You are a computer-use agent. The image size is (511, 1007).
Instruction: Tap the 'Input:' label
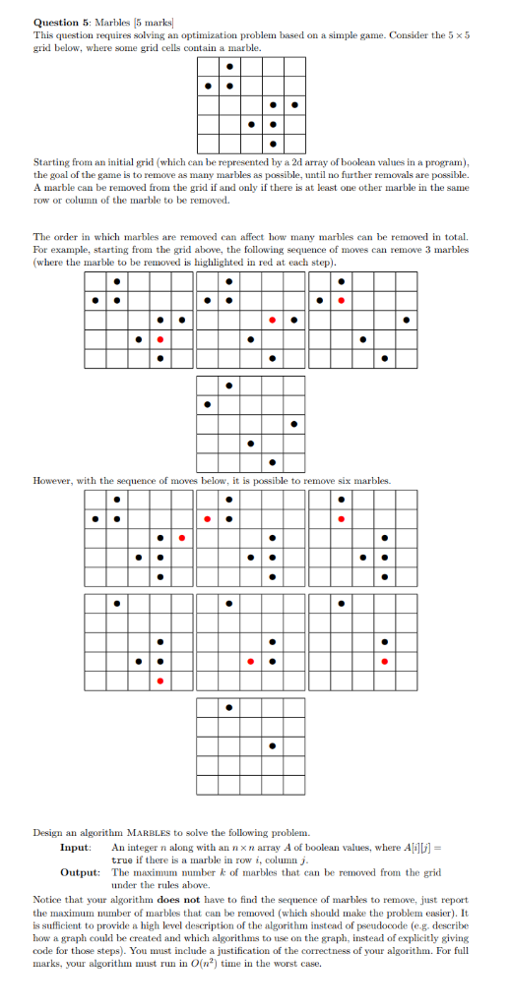76,847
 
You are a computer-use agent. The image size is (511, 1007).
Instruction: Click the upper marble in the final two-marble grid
229,707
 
